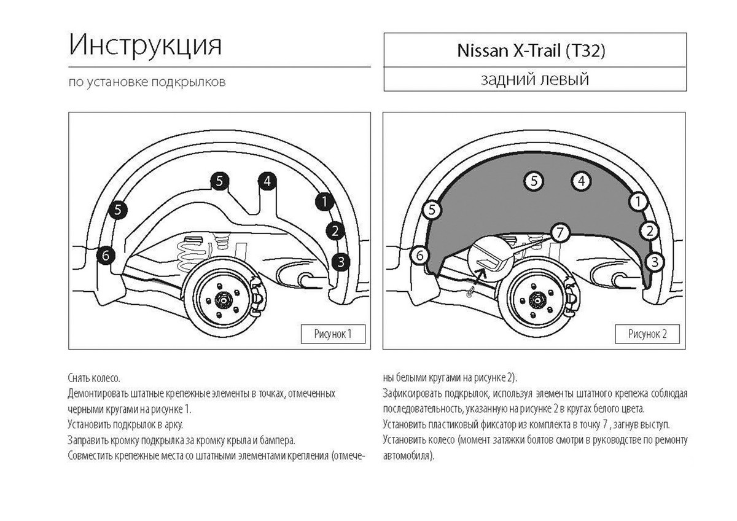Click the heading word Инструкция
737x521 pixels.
coord(145,45)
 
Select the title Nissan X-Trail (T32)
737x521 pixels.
coord(531,50)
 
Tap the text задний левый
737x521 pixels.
coord(535,79)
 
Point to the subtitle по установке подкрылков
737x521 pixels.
coord(147,82)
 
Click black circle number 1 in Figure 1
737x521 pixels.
coord(324,202)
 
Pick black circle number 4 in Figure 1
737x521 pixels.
coord(267,181)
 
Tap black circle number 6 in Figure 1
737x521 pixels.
coord(106,256)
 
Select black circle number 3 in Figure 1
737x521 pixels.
coord(341,262)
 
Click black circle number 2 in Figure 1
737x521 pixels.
coord(335,231)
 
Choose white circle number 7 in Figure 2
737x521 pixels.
coord(560,233)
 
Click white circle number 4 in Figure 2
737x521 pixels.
coord(582,181)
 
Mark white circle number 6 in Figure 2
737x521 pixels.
coord(420,256)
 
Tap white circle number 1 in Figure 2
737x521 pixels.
coord(638,202)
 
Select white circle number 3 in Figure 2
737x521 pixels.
coord(655,262)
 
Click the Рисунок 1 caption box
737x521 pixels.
coord(333,334)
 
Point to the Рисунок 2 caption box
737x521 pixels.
coord(647,334)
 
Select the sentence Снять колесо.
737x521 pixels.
coord(94,378)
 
